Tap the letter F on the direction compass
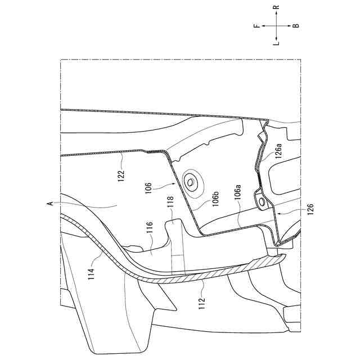click(x=256, y=26)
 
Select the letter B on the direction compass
click(x=296, y=26)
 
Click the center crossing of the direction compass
click(x=276, y=26)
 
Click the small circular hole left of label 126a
click(x=260, y=201)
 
